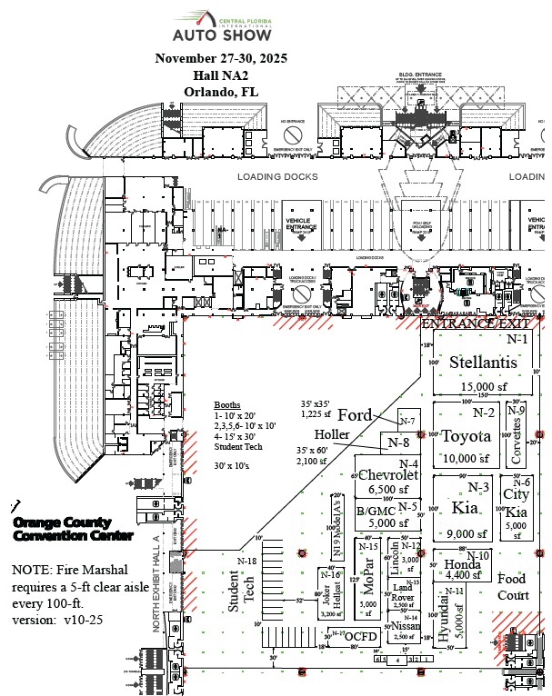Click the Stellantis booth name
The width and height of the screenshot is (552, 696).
click(x=483, y=363)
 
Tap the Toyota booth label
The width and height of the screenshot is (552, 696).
click(x=466, y=436)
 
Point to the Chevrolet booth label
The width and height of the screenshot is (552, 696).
click(x=388, y=474)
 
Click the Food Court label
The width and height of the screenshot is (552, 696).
click(x=512, y=587)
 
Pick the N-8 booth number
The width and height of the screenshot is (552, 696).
click(x=398, y=442)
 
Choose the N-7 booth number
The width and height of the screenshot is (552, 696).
click(x=406, y=422)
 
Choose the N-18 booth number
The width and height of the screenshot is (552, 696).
click(x=247, y=561)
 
